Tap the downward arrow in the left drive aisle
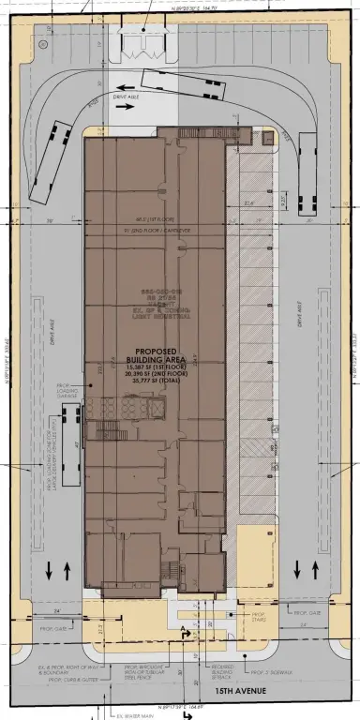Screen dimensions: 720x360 [x=48, y=569]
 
